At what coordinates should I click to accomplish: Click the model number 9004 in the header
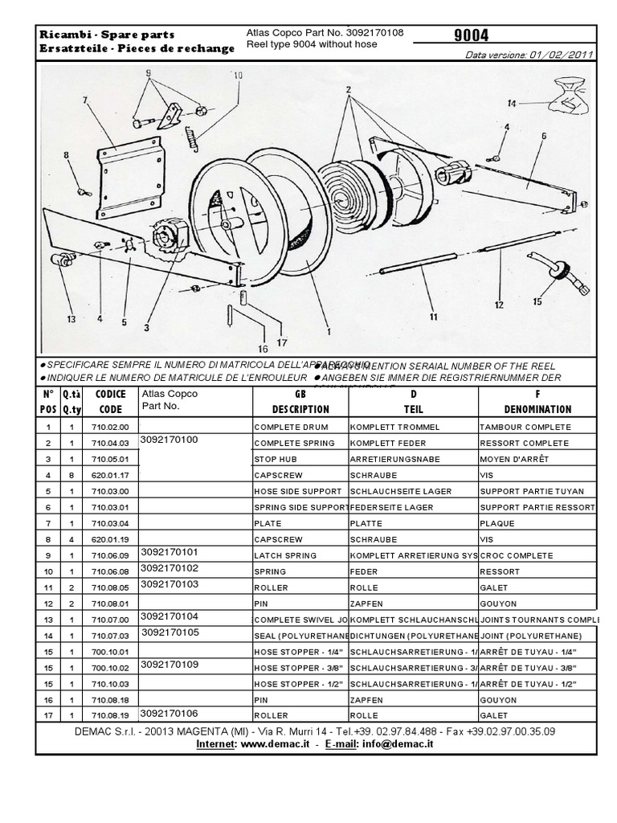[471, 35]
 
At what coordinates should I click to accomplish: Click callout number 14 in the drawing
[511, 103]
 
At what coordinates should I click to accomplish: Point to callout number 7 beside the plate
[84, 100]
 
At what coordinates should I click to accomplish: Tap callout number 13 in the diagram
[71, 319]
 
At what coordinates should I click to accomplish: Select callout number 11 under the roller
[433, 317]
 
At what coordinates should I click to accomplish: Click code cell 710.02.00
[109, 427]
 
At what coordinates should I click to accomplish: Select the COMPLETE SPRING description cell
[299, 443]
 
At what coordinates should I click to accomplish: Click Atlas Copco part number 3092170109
[167, 665]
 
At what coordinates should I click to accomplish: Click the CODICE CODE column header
[110, 401]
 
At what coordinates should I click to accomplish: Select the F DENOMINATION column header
[537, 401]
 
